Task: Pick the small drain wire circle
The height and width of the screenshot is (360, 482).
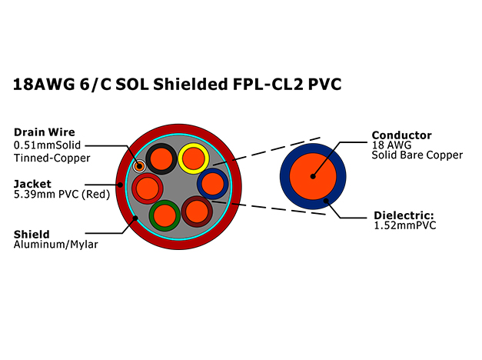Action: pos(139,166)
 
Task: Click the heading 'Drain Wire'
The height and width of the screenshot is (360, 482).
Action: pos(45,132)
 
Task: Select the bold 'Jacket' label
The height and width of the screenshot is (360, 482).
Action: pos(32,184)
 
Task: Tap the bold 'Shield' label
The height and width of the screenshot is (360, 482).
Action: pos(32,235)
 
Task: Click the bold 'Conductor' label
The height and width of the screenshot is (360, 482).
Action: pos(401,135)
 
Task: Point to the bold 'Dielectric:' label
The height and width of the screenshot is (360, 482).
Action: pos(404,215)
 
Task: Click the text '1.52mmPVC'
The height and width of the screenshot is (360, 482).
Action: pos(405,225)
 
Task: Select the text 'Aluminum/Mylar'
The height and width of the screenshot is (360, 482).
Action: pos(56,245)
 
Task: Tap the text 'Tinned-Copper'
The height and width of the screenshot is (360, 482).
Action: pos(52,158)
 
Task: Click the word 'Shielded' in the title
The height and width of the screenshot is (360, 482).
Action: pos(191,85)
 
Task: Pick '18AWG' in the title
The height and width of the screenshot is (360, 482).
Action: pos(44,85)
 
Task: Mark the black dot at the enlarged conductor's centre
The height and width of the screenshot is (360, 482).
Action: pos(313,176)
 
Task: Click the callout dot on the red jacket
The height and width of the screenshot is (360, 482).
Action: pos(121,185)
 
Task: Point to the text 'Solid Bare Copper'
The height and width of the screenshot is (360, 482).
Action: pos(417,155)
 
